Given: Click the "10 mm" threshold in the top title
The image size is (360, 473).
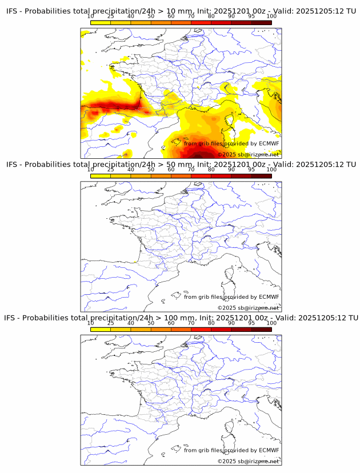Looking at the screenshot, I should click(172, 11).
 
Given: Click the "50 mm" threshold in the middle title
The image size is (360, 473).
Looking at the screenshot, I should click(172, 165).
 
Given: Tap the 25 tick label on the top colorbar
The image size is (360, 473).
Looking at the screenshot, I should click(111, 17).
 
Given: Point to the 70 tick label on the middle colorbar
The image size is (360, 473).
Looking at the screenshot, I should click(191, 170).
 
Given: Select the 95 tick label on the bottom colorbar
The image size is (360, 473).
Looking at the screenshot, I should click(251, 323).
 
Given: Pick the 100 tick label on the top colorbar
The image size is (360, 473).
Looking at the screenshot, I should click(271, 17).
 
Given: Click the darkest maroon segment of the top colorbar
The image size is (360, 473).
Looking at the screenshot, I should click(261, 23).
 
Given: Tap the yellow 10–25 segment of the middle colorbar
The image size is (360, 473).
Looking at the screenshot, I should click(101, 176).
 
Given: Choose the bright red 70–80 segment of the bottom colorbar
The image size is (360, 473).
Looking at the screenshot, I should click(201, 329).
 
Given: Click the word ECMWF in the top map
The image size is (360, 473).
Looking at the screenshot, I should click(269, 143).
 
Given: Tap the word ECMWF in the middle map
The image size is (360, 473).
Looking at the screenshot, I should click(269, 296).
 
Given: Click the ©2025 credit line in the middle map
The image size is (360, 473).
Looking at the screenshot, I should click(248, 308).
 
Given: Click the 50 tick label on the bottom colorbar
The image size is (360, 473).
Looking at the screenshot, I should click(151, 323).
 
